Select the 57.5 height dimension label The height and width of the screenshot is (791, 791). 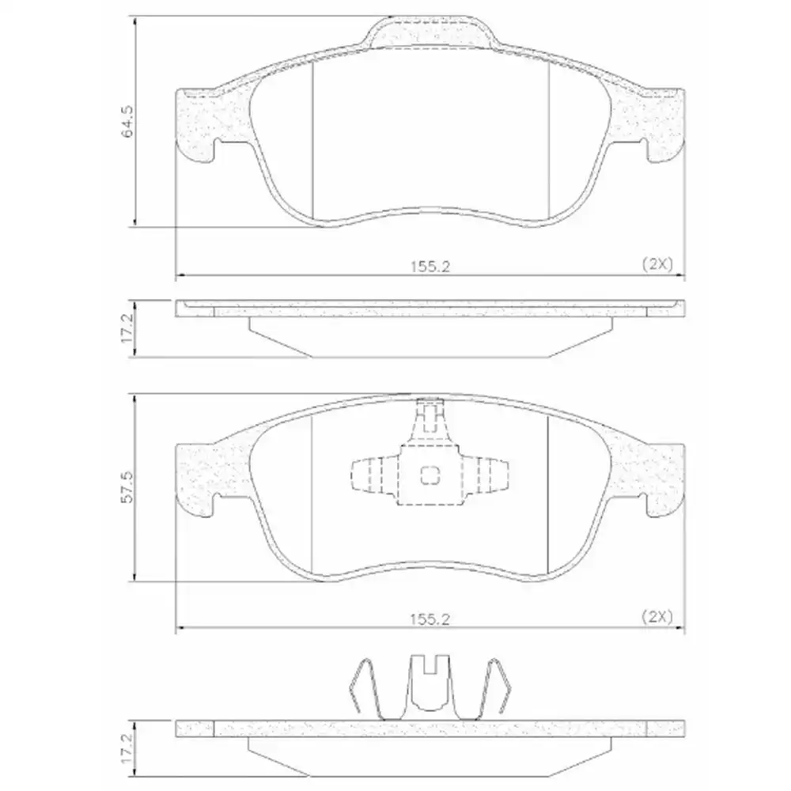(x=127, y=488)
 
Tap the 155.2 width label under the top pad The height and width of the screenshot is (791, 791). (x=430, y=267)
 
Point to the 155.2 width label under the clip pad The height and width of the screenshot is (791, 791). (x=430, y=620)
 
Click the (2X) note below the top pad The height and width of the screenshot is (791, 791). (x=656, y=266)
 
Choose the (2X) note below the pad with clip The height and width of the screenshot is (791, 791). (x=656, y=619)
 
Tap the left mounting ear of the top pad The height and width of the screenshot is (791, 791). (x=196, y=123)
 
